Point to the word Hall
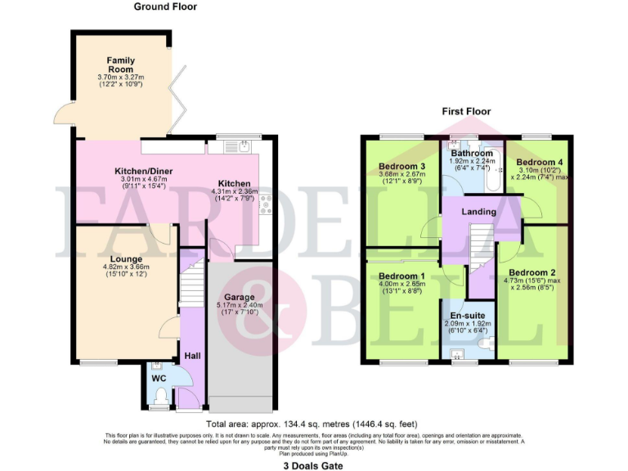tap(192, 356)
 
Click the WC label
tap(159, 379)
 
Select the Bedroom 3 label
tap(400, 167)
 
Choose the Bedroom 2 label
tap(532, 272)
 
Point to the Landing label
tap(478, 212)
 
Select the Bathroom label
tap(472, 153)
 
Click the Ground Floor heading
tap(165, 7)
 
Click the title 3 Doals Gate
tap(313, 464)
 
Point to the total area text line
tap(312, 424)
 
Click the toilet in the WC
tap(160, 398)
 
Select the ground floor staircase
tap(191, 282)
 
